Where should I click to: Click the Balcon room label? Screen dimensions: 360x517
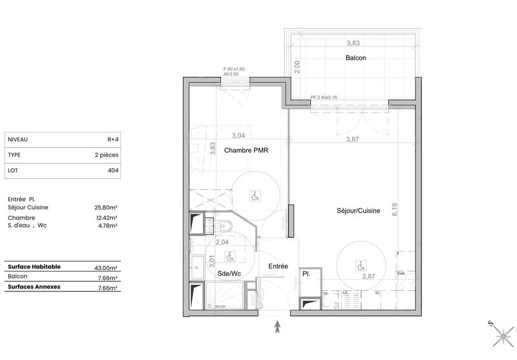click(x=355, y=58)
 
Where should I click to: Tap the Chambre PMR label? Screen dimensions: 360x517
click(x=246, y=151)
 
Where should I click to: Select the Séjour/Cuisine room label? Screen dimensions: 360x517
click(x=357, y=211)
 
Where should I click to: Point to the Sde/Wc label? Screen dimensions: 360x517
click(x=229, y=273)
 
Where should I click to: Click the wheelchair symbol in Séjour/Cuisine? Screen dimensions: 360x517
click(x=360, y=265)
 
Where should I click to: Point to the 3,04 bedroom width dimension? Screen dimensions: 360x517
click(x=238, y=135)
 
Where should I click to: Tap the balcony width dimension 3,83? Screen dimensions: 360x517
click(x=353, y=43)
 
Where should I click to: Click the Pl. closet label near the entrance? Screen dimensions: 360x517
click(x=306, y=274)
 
